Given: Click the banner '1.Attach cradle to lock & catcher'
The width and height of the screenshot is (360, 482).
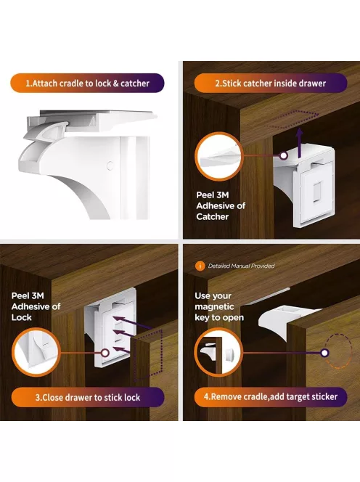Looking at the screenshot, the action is point(87,83).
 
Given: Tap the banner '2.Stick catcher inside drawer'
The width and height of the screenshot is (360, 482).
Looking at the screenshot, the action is point(271,83).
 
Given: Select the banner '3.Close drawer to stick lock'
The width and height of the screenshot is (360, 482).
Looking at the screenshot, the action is point(88,397).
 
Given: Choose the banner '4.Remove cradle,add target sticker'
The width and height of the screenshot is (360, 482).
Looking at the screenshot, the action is point(271,396).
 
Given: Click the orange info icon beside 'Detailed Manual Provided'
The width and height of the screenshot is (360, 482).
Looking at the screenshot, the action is point(200,266).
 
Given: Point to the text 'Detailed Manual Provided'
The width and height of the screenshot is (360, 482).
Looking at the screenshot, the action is point(242,266).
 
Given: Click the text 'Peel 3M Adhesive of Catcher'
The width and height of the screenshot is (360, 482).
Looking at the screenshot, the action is point(221,205).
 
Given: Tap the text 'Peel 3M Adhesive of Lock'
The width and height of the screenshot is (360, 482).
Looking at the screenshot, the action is point(36,306).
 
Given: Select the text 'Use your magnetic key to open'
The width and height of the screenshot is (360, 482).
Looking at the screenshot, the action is point(219,306).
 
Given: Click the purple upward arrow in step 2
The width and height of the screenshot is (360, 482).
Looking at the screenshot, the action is point(300,143).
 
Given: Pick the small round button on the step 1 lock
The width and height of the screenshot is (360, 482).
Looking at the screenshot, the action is point(110,166).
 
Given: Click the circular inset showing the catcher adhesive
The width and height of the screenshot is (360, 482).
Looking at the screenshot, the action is point(219,156).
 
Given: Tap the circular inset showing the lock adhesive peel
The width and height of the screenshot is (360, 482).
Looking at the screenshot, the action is point(36,352).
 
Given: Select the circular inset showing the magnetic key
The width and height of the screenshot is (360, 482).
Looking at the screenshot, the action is point(219,352).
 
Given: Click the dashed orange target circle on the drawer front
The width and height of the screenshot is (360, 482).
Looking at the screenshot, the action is point(338,351).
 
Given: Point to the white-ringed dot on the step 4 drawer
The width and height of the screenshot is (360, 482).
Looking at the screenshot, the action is point(324,353).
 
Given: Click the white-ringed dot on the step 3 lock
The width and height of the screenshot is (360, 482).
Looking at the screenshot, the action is point(105,353).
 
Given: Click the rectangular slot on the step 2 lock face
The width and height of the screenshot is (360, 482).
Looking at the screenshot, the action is point(317,192).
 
